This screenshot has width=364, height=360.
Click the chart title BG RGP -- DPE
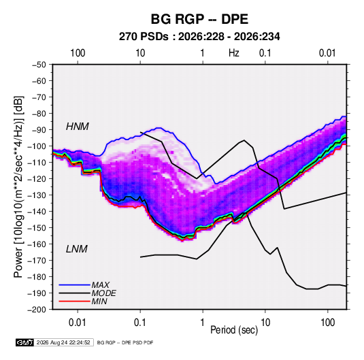pyautogui.click(x=199, y=19)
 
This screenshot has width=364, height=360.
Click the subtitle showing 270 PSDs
pyautogui.click(x=199, y=37)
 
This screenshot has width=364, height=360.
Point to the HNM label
pyautogui.click(x=78, y=127)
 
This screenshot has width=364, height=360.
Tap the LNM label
pyautogui.click(x=77, y=249)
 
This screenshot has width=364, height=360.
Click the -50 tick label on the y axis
pyautogui.click(x=39, y=65)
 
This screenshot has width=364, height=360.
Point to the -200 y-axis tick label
pyautogui.click(x=37, y=310)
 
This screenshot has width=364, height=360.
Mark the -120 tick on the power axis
pyautogui.click(x=37, y=179)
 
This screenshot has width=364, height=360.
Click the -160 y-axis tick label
pyautogui.click(x=37, y=244)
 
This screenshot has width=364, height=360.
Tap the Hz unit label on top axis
pyautogui.click(x=234, y=53)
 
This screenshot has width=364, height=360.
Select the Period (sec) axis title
pyautogui.click(x=234, y=330)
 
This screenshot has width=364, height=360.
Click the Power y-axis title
pyautogui.click(x=18, y=186)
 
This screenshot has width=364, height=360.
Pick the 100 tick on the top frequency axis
pyautogui.click(x=78, y=53)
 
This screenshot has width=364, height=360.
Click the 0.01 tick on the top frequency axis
pyautogui.click(x=327, y=53)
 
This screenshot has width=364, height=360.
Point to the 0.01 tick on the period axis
pyautogui.click(x=78, y=323)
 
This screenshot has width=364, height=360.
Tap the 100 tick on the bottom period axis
pyautogui.click(x=327, y=323)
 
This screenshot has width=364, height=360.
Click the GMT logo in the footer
pyautogui.click(x=24, y=342)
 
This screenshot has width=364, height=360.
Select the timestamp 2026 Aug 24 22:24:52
pyautogui.click(x=63, y=342)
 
